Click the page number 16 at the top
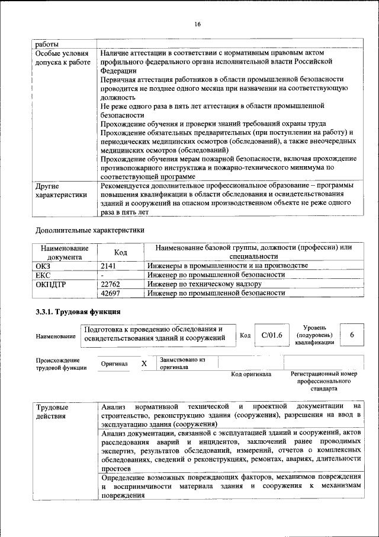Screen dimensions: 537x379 point(197,24)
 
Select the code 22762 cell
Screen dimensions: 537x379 point(111,284)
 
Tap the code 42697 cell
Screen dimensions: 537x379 point(111,293)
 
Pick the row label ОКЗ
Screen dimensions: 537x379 point(44,266)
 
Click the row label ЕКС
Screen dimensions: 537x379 point(44,275)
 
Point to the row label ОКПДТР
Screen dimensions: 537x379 point(49,284)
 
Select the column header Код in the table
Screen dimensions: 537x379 point(121,253)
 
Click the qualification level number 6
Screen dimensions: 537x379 point(352,335)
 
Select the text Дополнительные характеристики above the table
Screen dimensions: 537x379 point(89,230)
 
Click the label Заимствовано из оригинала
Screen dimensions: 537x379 point(181,363)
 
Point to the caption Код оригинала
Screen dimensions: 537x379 point(251,374)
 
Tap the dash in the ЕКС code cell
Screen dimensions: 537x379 point(103,275)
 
